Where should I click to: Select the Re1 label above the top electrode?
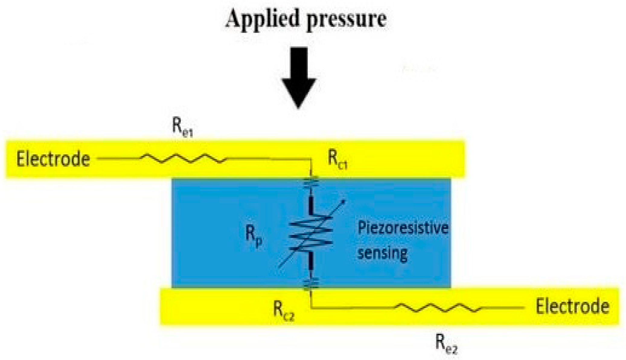point(182,127)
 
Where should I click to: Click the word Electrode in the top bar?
point(53,159)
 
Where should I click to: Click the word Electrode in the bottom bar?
point(572,306)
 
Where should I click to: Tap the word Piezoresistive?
point(403,228)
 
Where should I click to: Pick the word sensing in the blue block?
point(382,253)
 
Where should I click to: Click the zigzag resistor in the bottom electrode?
point(438,308)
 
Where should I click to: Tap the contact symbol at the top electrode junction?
point(311,181)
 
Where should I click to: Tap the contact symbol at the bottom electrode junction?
point(311,284)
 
